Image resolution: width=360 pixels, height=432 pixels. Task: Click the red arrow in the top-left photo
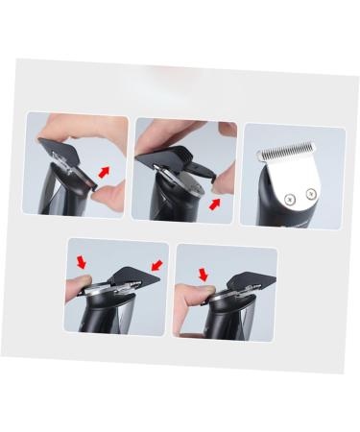click(x=105, y=171)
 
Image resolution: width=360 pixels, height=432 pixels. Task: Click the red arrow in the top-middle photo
click(x=216, y=203)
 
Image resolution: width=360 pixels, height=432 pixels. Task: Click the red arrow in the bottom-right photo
click(x=204, y=275)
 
